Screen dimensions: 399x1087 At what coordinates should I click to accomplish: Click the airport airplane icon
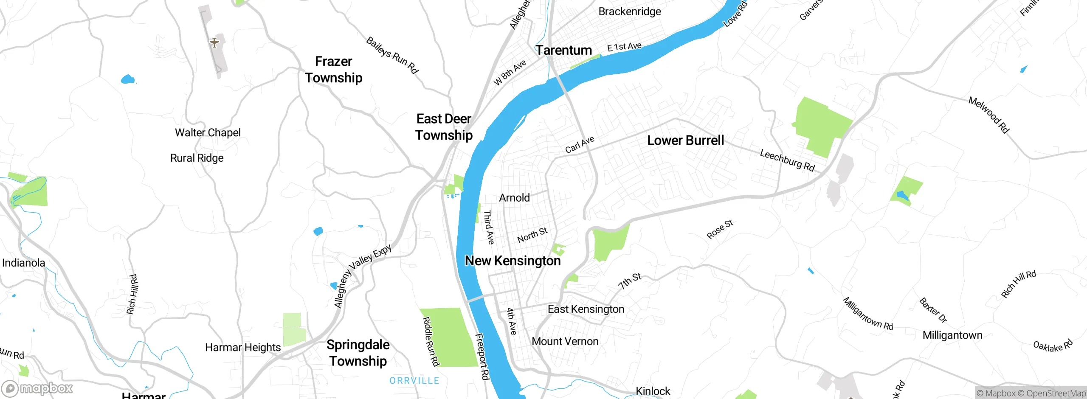tap(214, 42)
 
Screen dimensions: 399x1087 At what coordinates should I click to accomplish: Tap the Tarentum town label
tap(563, 50)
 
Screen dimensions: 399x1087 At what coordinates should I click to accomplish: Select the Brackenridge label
tap(629, 11)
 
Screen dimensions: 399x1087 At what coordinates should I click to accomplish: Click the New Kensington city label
tap(513, 261)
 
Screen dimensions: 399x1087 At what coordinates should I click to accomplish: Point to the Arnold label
tap(514, 198)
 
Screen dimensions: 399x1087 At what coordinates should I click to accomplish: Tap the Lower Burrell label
tap(685, 140)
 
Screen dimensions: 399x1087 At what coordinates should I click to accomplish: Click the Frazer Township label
tap(334, 70)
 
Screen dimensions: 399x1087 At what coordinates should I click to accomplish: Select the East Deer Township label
tap(444, 127)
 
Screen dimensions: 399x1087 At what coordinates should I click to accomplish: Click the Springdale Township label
tap(358, 353)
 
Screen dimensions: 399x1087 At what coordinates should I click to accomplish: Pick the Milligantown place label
tap(952, 335)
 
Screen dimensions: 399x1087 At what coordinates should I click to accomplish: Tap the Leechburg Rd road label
tap(787, 160)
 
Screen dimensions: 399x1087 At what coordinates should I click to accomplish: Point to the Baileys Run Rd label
tap(392, 56)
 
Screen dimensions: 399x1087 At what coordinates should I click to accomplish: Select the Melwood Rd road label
tap(988, 115)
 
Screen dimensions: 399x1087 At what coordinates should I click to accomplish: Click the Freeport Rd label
tap(482, 357)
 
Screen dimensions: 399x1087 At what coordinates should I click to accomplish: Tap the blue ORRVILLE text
tap(414, 381)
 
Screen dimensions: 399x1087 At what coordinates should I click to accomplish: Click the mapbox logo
tap(37, 388)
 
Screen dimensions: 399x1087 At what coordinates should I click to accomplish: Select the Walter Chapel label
tap(208, 133)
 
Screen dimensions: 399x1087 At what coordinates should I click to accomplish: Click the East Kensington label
tap(586, 309)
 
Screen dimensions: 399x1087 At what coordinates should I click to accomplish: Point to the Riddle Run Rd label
tap(430, 342)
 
